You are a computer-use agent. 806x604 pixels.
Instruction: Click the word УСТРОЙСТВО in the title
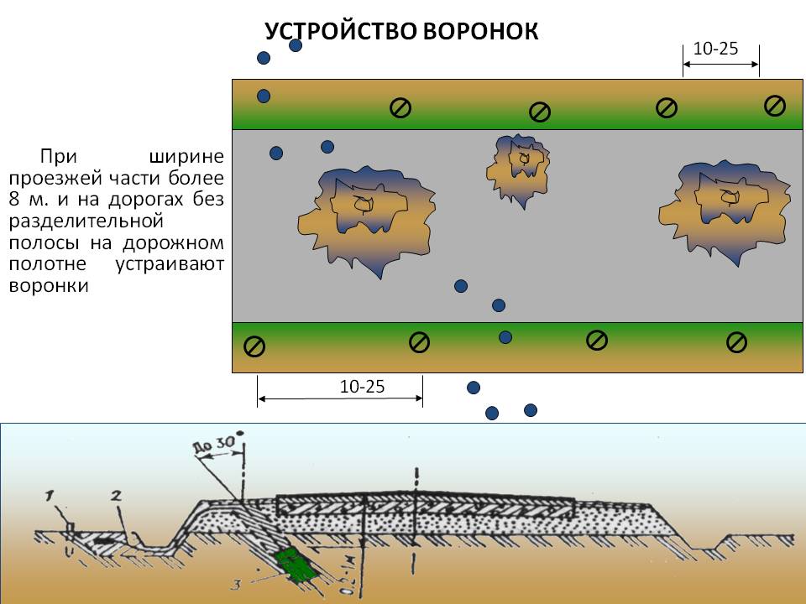click(x=340, y=31)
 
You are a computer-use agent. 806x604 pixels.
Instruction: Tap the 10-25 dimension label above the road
click(x=716, y=49)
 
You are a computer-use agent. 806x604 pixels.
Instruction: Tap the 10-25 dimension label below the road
click(x=362, y=386)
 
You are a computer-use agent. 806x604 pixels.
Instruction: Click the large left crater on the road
click(x=366, y=216)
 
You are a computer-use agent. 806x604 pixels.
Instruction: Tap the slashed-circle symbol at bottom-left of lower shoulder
click(x=254, y=346)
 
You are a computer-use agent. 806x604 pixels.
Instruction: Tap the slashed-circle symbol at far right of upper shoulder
click(x=775, y=106)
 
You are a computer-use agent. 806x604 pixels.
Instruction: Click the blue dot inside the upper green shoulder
click(x=264, y=96)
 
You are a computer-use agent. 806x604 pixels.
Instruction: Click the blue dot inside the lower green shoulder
click(x=505, y=337)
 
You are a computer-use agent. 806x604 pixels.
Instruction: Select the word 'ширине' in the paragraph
click(x=185, y=156)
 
